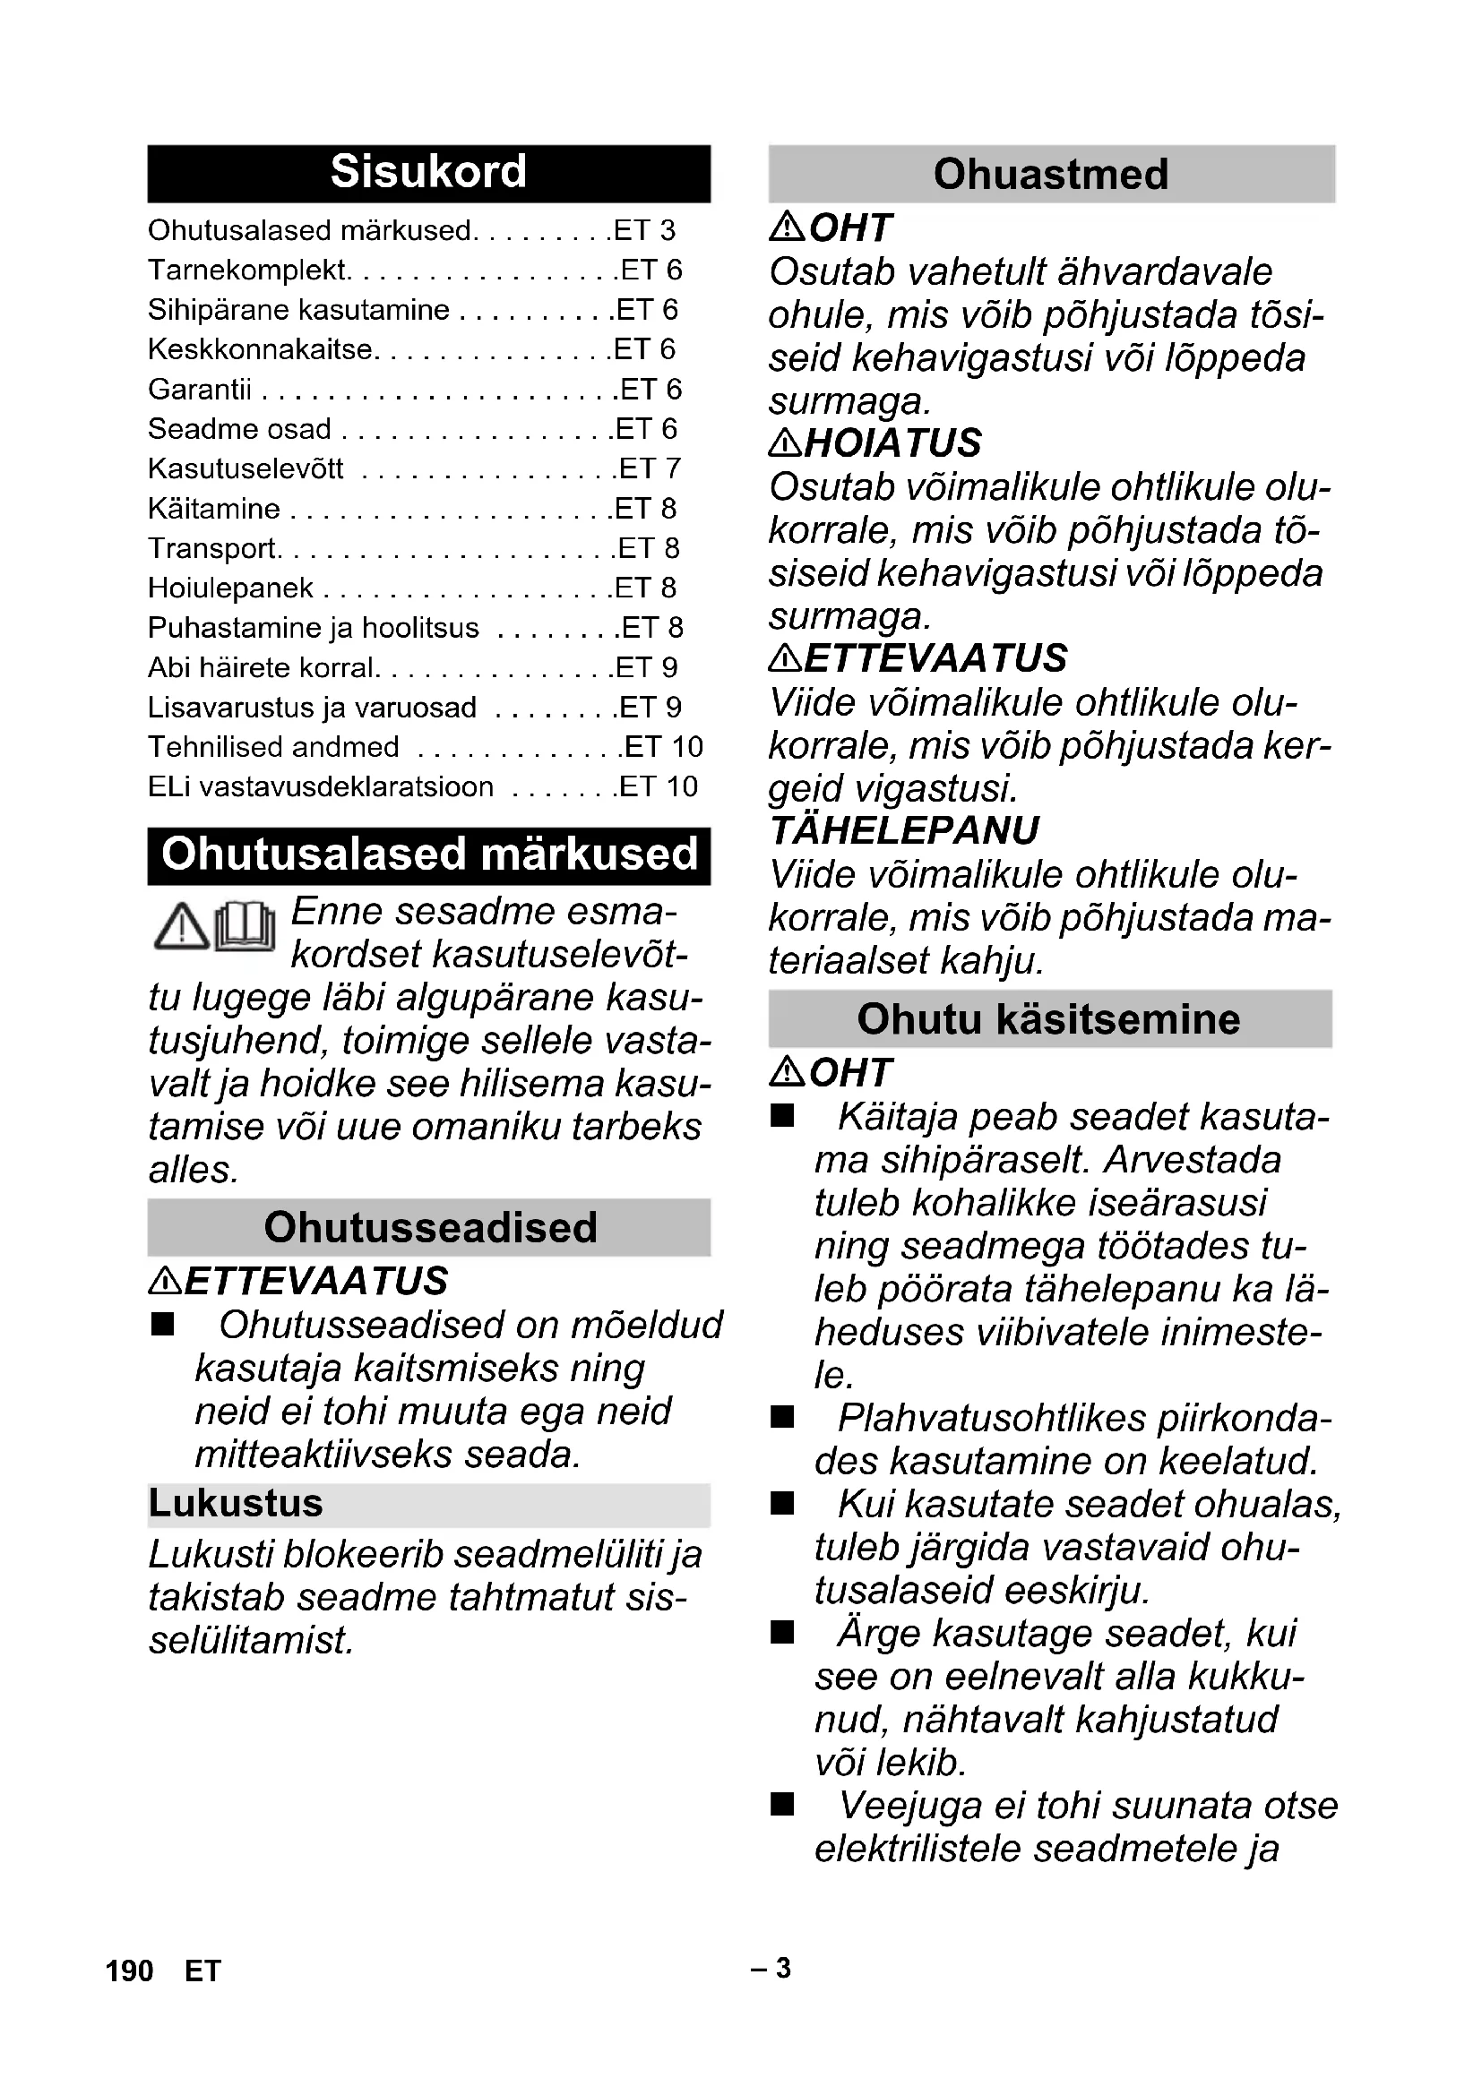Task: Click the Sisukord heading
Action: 428,173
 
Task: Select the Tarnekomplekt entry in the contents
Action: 247,270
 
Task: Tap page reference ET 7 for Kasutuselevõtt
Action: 650,469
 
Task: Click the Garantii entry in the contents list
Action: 200,390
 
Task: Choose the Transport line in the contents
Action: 212,548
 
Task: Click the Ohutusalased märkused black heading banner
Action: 428,856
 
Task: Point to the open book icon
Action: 246,927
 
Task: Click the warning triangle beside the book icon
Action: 182,927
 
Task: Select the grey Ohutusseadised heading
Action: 429,1227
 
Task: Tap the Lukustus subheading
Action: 237,1504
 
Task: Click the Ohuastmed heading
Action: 1050,175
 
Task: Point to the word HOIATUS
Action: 893,443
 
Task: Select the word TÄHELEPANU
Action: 904,830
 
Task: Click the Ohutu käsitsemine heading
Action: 1048,1019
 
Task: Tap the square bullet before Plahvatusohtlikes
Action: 782,1417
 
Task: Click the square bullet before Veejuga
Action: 782,1805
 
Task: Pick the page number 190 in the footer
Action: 130,1971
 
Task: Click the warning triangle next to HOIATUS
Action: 785,443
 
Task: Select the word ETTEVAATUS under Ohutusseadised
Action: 315,1281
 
